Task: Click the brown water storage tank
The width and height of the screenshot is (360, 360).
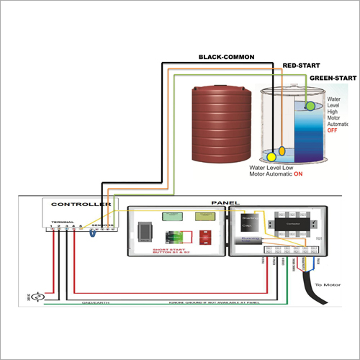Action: click(x=222, y=125)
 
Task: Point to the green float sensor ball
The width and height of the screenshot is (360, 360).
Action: click(x=310, y=106)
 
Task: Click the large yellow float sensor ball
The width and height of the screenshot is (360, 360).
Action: click(x=272, y=156)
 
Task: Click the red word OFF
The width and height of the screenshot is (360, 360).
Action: click(x=333, y=131)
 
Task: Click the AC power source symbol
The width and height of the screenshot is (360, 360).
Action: click(x=41, y=295)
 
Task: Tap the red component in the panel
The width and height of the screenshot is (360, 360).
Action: click(x=204, y=236)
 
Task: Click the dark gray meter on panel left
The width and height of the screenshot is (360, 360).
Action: click(x=146, y=230)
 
